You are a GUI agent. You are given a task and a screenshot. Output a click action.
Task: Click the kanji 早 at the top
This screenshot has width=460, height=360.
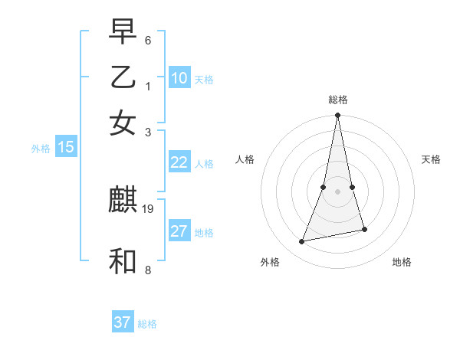[x=123, y=32]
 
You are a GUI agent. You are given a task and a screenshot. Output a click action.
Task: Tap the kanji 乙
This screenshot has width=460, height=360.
[x=123, y=77]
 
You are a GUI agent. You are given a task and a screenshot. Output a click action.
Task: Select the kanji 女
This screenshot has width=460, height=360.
[x=123, y=123]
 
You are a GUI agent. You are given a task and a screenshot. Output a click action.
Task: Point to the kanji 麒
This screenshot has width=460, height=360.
[x=123, y=200]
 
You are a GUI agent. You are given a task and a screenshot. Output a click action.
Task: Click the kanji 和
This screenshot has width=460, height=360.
[x=123, y=261]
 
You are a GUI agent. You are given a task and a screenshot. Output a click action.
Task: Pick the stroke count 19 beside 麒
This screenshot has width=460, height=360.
[x=149, y=208]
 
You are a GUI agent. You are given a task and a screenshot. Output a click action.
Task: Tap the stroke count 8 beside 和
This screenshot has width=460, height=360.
[x=148, y=270]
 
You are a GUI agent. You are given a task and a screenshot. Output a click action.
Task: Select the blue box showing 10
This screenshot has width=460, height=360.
[x=179, y=77]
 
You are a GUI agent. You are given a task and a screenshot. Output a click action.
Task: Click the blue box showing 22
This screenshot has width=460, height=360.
[x=179, y=162]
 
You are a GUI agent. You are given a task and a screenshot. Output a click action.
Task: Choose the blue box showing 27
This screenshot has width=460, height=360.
[x=179, y=231]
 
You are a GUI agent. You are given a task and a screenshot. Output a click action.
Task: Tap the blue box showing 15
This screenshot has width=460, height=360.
[x=66, y=147]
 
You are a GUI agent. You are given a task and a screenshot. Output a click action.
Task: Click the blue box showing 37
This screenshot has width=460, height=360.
[x=123, y=322]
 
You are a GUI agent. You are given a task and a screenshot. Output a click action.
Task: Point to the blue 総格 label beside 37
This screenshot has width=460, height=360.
[x=147, y=324]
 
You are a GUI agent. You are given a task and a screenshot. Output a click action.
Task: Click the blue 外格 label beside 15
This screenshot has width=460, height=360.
[x=41, y=149]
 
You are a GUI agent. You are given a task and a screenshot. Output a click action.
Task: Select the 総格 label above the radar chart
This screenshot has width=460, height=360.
[x=337, y=100]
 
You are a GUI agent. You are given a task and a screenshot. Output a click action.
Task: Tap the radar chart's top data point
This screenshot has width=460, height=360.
[x=337, y=116]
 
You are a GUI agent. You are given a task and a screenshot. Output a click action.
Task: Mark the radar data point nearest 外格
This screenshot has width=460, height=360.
[x=302, y=242]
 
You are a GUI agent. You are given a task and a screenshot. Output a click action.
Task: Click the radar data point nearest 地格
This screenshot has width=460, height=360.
[x=364, y=229]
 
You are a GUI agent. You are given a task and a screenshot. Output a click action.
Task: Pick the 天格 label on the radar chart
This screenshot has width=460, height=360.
[x=432, y=159]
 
